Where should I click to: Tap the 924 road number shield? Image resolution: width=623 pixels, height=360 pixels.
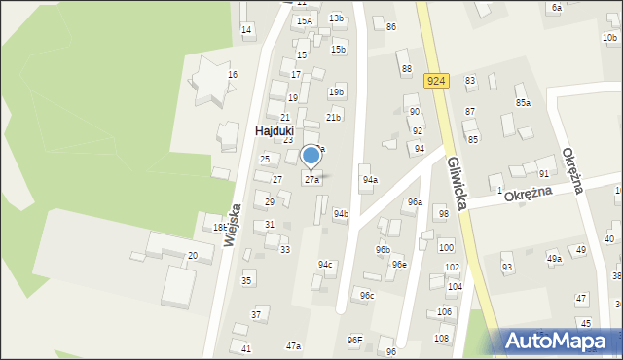tap(435, 83)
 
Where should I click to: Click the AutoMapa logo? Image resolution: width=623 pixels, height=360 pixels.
tap(561, 340)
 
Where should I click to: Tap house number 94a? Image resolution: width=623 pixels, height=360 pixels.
tap(370, 180)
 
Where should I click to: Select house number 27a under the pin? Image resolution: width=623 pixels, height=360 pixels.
tap(311, 180)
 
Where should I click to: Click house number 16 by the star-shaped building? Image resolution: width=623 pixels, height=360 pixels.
tap(233, 75)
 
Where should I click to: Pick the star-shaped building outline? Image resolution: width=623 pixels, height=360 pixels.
tap(209, 80)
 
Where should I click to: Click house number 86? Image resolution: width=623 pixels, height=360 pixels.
tap(390, 26)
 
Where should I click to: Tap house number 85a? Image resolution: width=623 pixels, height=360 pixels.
tap(524, 102)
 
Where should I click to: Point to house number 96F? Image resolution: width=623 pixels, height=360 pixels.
tap(354, 340)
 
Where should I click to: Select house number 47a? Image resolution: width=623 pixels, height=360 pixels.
tap(293, 346)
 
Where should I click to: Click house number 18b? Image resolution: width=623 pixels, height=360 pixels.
tap(220, 227)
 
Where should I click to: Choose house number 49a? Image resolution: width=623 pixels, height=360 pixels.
tap(554, 258)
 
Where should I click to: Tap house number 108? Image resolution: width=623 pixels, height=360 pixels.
tap(441, 338)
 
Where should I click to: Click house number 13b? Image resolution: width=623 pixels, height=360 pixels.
tap(336, 18)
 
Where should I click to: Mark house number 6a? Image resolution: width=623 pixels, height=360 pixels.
tap(557, 7)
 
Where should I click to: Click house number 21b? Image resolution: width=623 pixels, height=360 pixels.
tap(333, 117)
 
